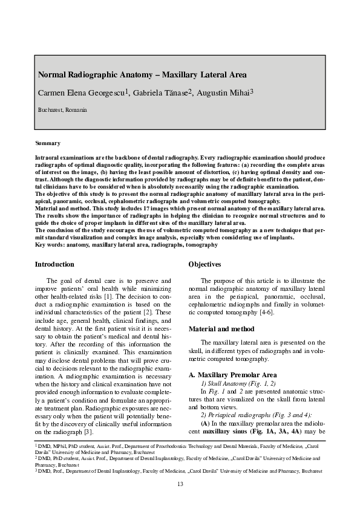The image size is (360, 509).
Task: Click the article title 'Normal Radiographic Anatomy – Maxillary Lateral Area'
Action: tap(142, 76)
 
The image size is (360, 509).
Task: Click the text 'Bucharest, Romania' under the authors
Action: tap(62, 110)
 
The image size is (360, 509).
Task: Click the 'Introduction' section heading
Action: tap(54, 264)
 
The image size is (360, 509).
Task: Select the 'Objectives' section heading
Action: tap(205, 264)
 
